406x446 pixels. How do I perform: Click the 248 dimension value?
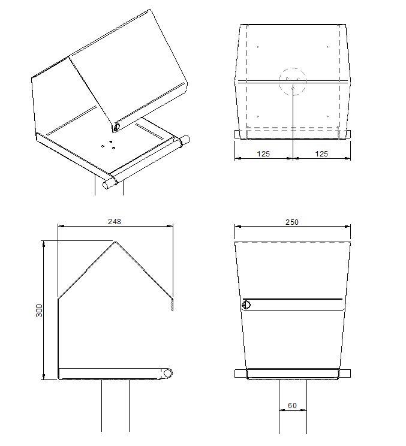[115, 222]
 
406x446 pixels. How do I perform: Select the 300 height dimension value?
[39, 311]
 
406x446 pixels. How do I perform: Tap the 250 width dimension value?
[292, 222]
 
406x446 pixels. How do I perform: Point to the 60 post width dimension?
[293, 406]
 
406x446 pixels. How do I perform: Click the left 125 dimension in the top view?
[263, 154]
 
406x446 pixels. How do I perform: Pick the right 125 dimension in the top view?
[321, 154]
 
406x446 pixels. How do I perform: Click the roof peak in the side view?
[115, 242]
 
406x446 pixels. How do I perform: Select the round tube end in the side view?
[168, 373]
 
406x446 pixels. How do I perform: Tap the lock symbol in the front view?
[246, 305]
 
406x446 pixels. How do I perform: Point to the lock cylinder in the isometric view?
[117, 127]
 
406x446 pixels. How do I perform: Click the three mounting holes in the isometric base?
[109, 145]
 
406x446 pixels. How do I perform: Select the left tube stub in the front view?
[240, 373]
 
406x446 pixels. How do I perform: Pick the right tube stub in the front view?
[345, 373]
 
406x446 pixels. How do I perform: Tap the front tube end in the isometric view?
[107, 185]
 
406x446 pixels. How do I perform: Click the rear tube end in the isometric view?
[185, 140]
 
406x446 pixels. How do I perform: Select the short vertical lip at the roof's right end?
[172, 304]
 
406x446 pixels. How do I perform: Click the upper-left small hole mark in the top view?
[258, 47]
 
